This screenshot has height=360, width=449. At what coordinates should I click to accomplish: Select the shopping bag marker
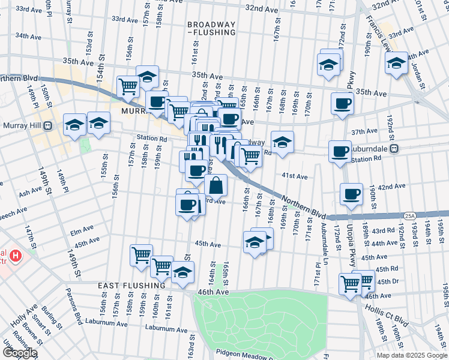pyautogui.click(x=216, y=185)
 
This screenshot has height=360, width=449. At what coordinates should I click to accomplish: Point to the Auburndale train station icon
pyautogui.click(x=394, y=148)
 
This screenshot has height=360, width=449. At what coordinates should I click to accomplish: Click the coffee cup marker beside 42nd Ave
pyautogui.click(x=351, y=194)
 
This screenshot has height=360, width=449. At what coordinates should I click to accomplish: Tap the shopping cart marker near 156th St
pyautogui.click(x=128, y=86)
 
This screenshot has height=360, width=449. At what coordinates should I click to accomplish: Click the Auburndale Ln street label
pyautogui.click(x=325, y=248)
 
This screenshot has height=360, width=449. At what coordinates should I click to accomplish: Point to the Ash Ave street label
pyautogui.click(x=30, y=194)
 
